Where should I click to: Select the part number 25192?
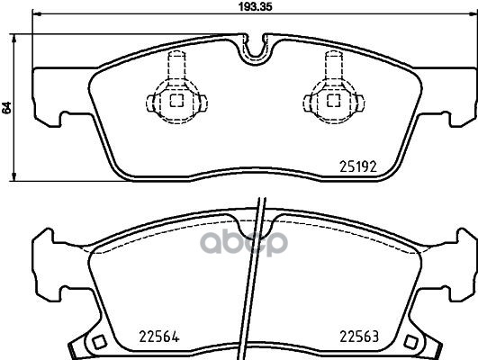tap(356, 165)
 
